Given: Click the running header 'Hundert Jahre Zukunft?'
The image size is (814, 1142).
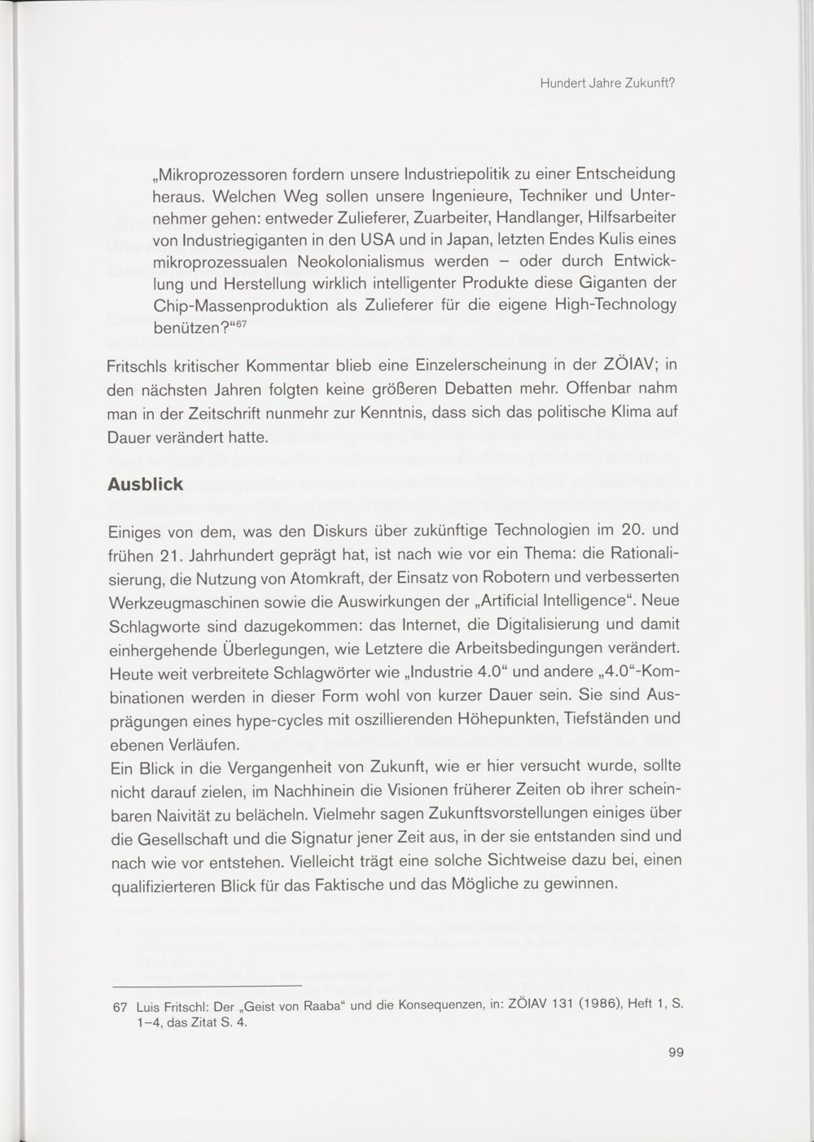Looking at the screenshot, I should pos(608,83).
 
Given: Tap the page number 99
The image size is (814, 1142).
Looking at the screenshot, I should pos(676,1052).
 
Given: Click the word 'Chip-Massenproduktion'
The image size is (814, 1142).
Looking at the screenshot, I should pos(242,306).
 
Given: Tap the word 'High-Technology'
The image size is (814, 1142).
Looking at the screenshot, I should pos(615,306).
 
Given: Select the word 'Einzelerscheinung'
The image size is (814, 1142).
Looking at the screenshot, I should pos(501,367).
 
